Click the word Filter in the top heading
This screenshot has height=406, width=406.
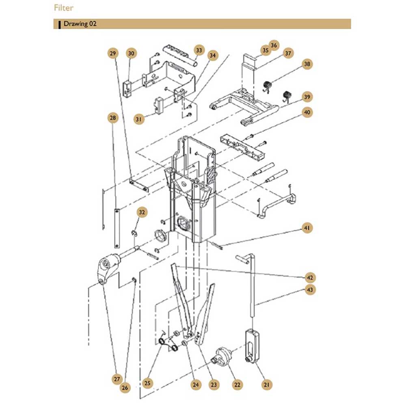pos(63,8)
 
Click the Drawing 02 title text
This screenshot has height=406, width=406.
pos(80,24)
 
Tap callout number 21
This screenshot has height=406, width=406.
pos(267,384)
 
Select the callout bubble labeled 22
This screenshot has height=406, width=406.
pos(237,384)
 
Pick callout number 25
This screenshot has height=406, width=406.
pos(147,383)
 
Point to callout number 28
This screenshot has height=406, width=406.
pos(112,118)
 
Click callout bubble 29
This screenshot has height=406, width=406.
pos(112,53)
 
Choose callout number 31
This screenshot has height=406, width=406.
pos(139,119)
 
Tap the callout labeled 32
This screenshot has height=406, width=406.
pos(142,212)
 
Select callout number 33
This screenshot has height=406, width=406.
pos(199,50)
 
